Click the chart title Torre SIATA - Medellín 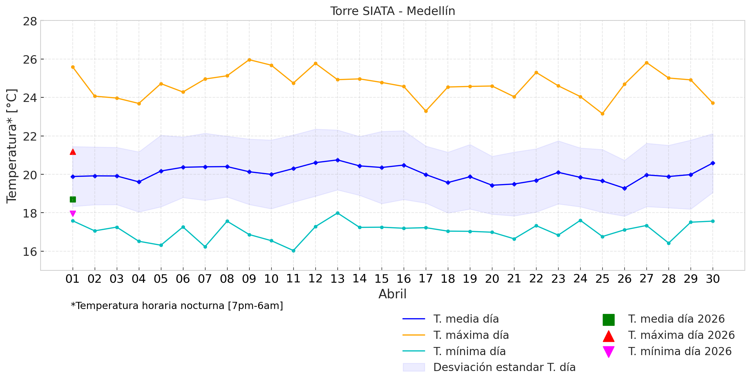392,11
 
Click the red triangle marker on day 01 73,152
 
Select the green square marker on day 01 73,199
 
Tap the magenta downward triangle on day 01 73,213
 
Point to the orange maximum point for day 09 249,60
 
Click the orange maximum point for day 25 602,114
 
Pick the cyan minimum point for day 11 293,251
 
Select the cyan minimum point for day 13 338,213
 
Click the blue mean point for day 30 713,163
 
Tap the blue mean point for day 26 624,188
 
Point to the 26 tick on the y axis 30,59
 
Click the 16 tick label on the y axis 30,252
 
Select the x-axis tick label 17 426,279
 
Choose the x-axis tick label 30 713,279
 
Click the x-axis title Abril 392,294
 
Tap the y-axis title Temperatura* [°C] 12,146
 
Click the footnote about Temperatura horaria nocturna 177,306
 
